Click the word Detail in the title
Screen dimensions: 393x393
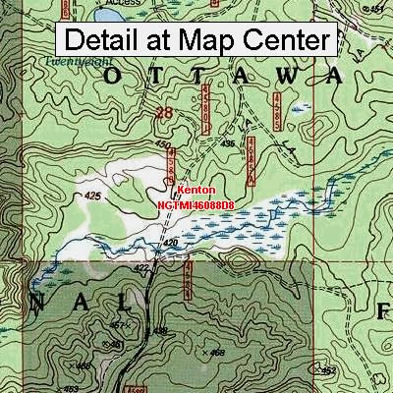coord(105,41)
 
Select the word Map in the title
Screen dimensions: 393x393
coord(195,41)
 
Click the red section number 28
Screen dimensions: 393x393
coord(164,114)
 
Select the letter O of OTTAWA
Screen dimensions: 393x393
coord(114,77)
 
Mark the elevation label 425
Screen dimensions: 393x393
coord(94,196)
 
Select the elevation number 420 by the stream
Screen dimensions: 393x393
coord(170,243)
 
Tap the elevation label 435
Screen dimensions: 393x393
coord(227,144)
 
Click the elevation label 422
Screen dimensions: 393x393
coord(141,267)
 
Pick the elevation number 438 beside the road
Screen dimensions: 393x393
coord(162,331)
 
